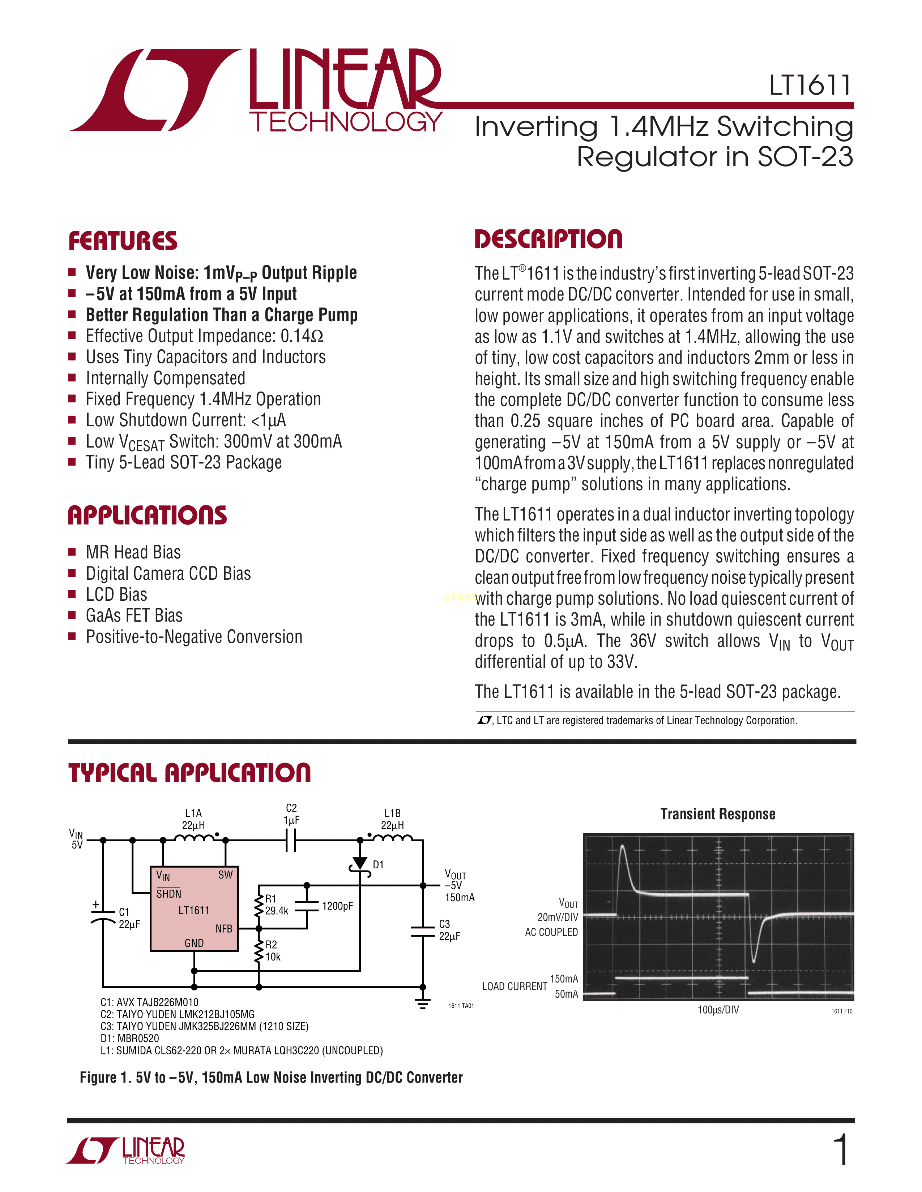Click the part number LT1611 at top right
pyautogui.click(x=810, y=86)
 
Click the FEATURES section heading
pyautogui.click(x=123, y=241)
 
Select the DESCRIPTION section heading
pyautogui.click(x=548, y=239)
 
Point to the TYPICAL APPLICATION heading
pyautogui.click(x=189, y=773)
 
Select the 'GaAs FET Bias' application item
pyautogui.click(x=134, y=616)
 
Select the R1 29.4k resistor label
pyautogui.click(x=276, y=905)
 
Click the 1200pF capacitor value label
pyautogui.click(x=337, y=906)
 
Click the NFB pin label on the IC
pyautogui.click(x=223, y=928)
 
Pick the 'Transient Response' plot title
pyautogui.click(x=717, y=814)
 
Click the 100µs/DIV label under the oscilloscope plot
pyautogui.click(x=718, y=1010)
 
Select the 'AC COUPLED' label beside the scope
pyautogui.click(x=551, y=932)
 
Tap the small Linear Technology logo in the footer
pyautogui.click(x=125, y=1150)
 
